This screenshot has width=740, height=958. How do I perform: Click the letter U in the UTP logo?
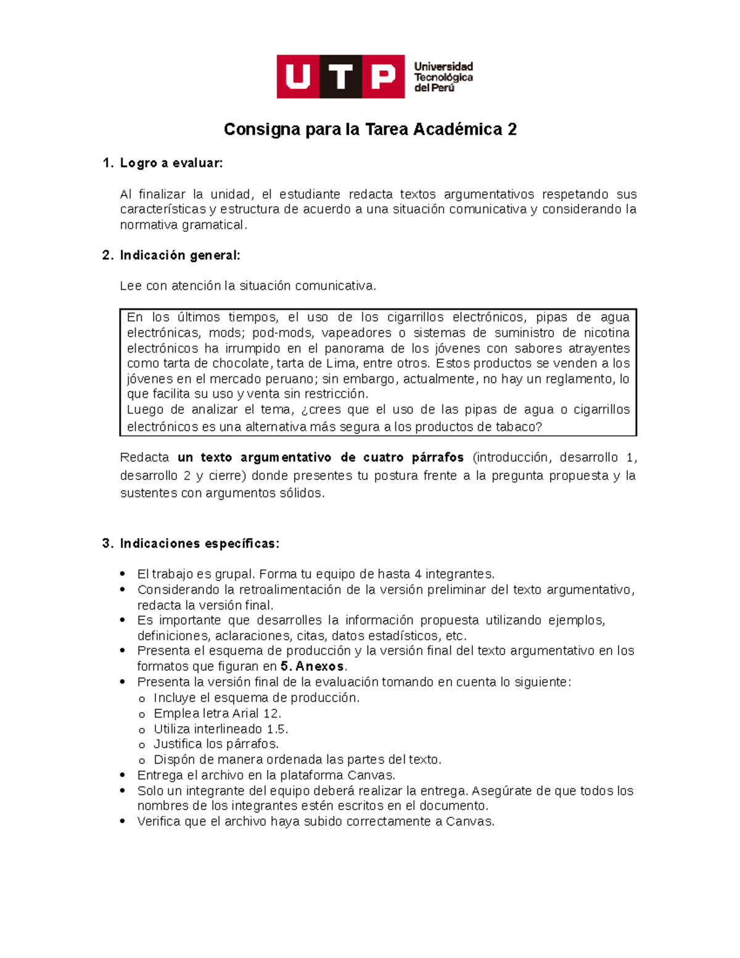coord(298,77)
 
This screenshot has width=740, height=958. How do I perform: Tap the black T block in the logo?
coord(340,77)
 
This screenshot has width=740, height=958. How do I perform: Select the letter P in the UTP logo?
coord(383,77)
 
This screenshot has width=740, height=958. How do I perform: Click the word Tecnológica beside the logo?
coord(443,77)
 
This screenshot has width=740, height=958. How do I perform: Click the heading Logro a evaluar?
coord(171,163)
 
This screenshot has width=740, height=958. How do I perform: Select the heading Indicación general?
coord(179,255)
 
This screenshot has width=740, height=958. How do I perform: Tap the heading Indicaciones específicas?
coord(199,543)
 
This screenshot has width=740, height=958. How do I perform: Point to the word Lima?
coord(340,363)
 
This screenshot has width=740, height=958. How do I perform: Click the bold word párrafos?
coord(438,458)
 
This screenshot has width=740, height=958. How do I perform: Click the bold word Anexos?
coord(319,667)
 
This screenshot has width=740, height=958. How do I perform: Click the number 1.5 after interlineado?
coord(277,729)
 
